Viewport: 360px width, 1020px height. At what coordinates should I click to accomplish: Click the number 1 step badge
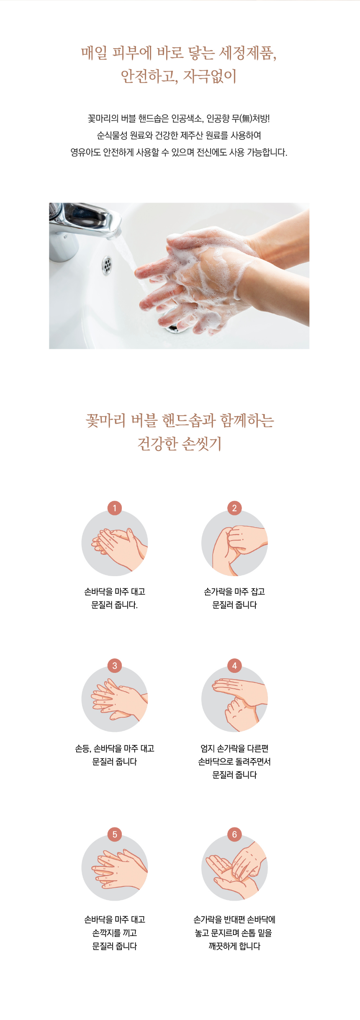(x=115, y=508)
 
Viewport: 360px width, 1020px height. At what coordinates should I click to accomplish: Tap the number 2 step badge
(x=234, y=508)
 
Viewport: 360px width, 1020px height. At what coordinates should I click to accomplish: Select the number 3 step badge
(x=115, y=665)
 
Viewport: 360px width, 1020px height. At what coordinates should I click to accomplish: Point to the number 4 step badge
(x=234, y=665)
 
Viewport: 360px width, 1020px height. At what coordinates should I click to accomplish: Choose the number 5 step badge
(x=115, y=834)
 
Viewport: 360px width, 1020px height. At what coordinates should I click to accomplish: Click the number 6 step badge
(x=234, y=834)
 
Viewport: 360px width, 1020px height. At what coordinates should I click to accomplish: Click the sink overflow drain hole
(x=107, y=265)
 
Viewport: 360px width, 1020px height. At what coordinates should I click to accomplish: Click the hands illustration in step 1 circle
(x=120, y=549)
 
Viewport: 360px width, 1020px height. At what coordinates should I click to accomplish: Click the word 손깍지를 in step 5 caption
(x=107, y=933)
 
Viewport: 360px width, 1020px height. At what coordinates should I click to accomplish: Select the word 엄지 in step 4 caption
(x=208, y=748)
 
